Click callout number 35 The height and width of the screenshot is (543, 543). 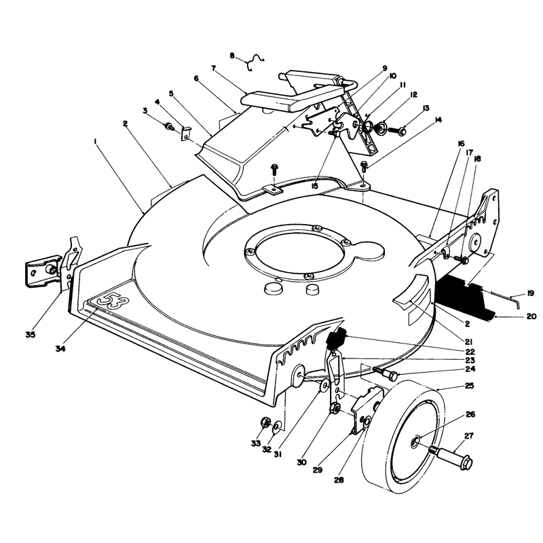[31, 335]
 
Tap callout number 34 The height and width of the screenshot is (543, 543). [60, 349]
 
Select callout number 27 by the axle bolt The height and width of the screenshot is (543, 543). [468, 436]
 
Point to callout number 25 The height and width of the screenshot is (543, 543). [469, 386]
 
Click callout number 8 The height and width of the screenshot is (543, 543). [231, 56]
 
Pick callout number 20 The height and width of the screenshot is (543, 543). [531, 316]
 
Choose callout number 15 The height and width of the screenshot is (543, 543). [314, 186]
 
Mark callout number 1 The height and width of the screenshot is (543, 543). [94, 141]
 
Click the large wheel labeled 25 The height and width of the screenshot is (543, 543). [402, 436]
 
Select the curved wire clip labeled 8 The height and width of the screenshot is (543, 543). [255, 62]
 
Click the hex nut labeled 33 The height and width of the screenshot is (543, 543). [265, 422]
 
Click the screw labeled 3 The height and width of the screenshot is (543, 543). [170, 126]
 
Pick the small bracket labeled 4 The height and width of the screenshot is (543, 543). [186, 133]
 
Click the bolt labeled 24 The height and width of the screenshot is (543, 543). [386, 373]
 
